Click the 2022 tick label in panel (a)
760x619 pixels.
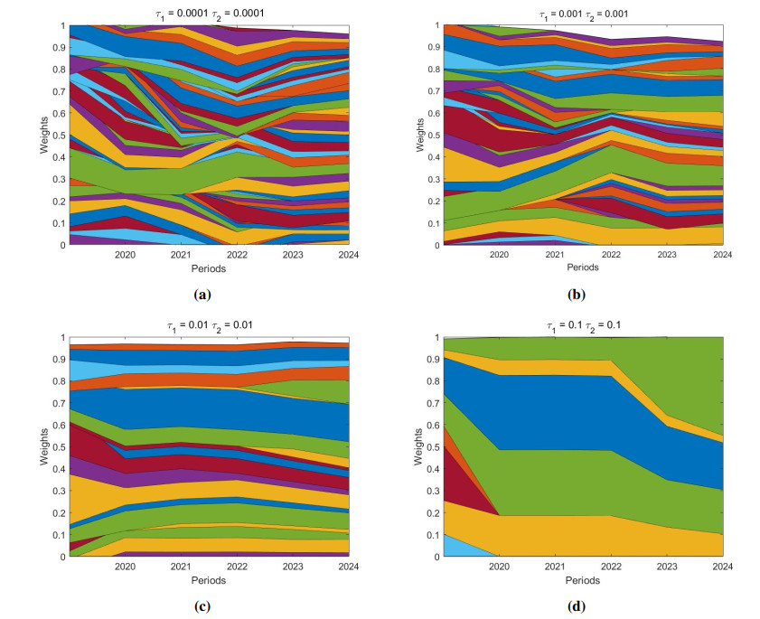click(237, 256)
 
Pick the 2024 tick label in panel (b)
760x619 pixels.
click(722, 256)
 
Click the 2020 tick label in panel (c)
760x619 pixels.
click(126, 567)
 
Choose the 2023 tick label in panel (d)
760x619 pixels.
click(667, 567)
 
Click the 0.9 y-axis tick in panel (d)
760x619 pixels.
click(431, 360)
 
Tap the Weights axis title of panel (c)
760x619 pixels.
click(42, 447)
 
